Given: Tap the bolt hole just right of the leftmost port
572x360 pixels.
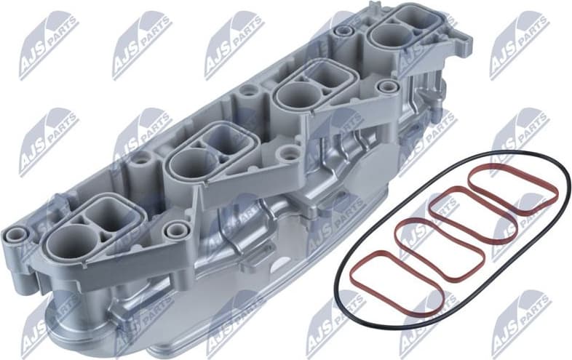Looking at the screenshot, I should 173,231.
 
